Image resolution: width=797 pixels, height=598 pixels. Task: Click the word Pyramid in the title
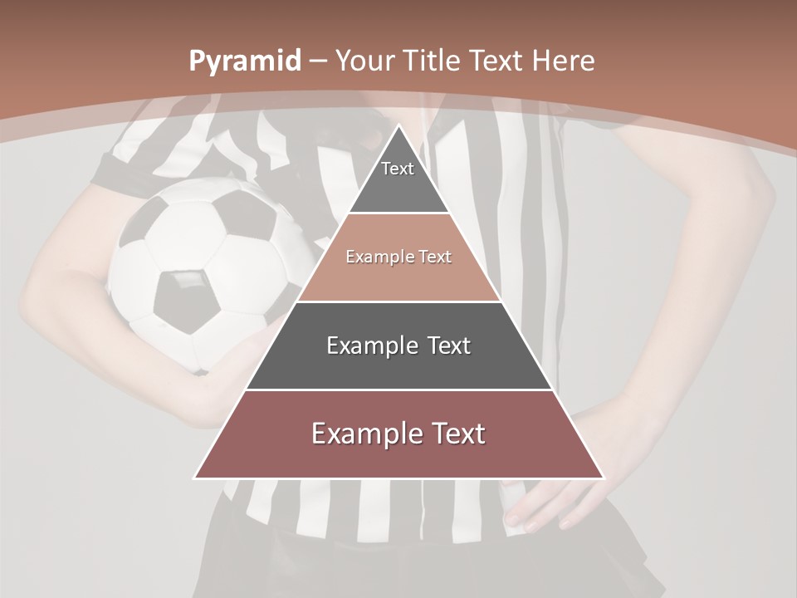point(245,61)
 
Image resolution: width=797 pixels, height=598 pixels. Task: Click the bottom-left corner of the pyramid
point(196,478)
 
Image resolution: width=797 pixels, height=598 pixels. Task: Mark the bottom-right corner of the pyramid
point(603,478)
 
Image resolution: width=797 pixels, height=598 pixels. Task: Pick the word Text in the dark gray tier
point(447,346)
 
